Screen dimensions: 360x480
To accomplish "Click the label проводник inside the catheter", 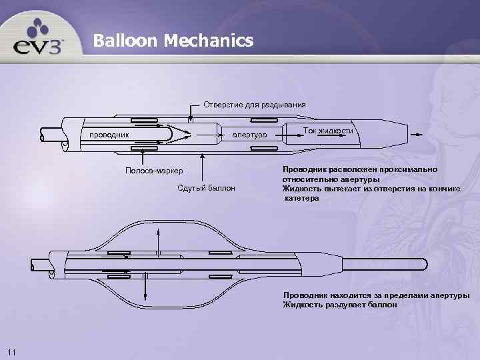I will (x=105, y=136).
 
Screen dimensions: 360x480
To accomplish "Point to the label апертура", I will (x=249, y=136).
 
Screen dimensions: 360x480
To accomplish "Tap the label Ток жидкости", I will (x=328, y=131).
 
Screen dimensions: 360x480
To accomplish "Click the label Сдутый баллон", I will (x=207, y=188).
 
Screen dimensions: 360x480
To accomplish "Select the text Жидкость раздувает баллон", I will (x=340, y=305).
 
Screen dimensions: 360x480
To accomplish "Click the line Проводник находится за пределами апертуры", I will (x=376, y=295).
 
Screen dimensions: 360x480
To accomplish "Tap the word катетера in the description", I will (x=302, y=199).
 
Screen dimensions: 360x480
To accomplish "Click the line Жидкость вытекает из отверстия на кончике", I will (x=371, y=189).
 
